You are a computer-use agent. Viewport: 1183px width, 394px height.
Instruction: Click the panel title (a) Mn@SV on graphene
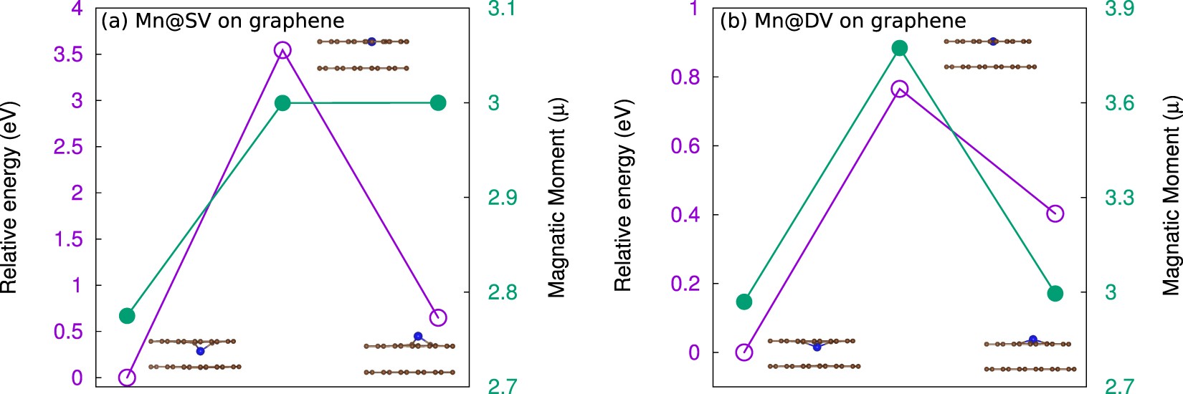222,21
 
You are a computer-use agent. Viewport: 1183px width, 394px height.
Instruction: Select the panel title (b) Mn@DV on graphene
842,21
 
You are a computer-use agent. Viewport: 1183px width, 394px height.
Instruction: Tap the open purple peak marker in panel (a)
282,49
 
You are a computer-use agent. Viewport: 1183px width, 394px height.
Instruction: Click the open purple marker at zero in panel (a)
127,378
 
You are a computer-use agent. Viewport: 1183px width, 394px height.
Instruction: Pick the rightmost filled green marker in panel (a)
438,103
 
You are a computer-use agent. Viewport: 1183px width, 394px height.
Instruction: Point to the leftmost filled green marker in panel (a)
127,316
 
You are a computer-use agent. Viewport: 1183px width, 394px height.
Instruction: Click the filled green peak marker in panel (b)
900,48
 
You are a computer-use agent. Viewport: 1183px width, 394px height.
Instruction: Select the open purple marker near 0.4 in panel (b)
1055,213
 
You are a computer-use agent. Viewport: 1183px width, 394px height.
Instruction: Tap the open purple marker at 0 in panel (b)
744,352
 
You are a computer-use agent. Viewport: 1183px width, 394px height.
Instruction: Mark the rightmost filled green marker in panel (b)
1055,294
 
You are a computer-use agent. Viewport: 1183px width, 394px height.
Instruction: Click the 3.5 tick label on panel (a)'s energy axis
68,55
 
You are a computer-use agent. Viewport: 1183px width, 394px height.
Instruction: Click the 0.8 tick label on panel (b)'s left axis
685,77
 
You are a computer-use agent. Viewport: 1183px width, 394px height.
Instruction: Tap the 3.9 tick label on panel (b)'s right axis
1119,9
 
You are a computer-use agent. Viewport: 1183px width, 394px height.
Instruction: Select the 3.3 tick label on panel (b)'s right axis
1119,198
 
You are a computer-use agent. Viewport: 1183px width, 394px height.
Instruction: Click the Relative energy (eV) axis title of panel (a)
9,198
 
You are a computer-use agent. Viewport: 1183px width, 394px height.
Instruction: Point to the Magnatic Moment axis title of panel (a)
557,198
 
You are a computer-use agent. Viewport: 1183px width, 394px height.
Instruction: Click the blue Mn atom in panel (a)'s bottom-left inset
200,351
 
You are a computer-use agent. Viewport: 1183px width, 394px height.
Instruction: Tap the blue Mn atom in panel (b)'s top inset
992,42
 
